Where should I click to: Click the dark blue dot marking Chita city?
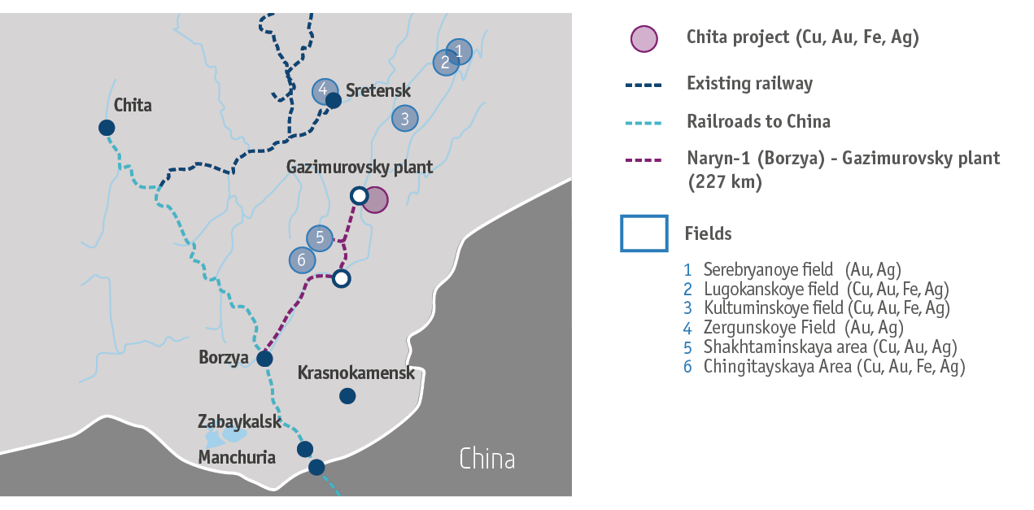(107, 128)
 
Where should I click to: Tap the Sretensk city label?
(378, 90)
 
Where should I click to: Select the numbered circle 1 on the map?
(459, 51)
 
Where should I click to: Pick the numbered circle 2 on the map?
(444, 63)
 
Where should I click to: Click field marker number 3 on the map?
(404, 119)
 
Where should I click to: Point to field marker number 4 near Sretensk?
(324, 90)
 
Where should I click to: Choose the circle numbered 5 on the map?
(320, 238)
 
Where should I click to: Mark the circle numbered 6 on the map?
(302, 260)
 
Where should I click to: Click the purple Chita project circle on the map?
(375, 199)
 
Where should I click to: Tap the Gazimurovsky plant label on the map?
(360, 168)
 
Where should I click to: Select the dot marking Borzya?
(264, 359)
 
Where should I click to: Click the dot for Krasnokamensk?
(347, 396)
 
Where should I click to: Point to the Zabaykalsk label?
(239, 421)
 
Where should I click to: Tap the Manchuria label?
(237, 457)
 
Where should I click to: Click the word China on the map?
(486, 459)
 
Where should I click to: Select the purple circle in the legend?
(644, 38)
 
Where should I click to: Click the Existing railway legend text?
(749, 83)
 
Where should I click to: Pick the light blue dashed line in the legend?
(644, 122)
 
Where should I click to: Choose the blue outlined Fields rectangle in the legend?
(644, 233)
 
